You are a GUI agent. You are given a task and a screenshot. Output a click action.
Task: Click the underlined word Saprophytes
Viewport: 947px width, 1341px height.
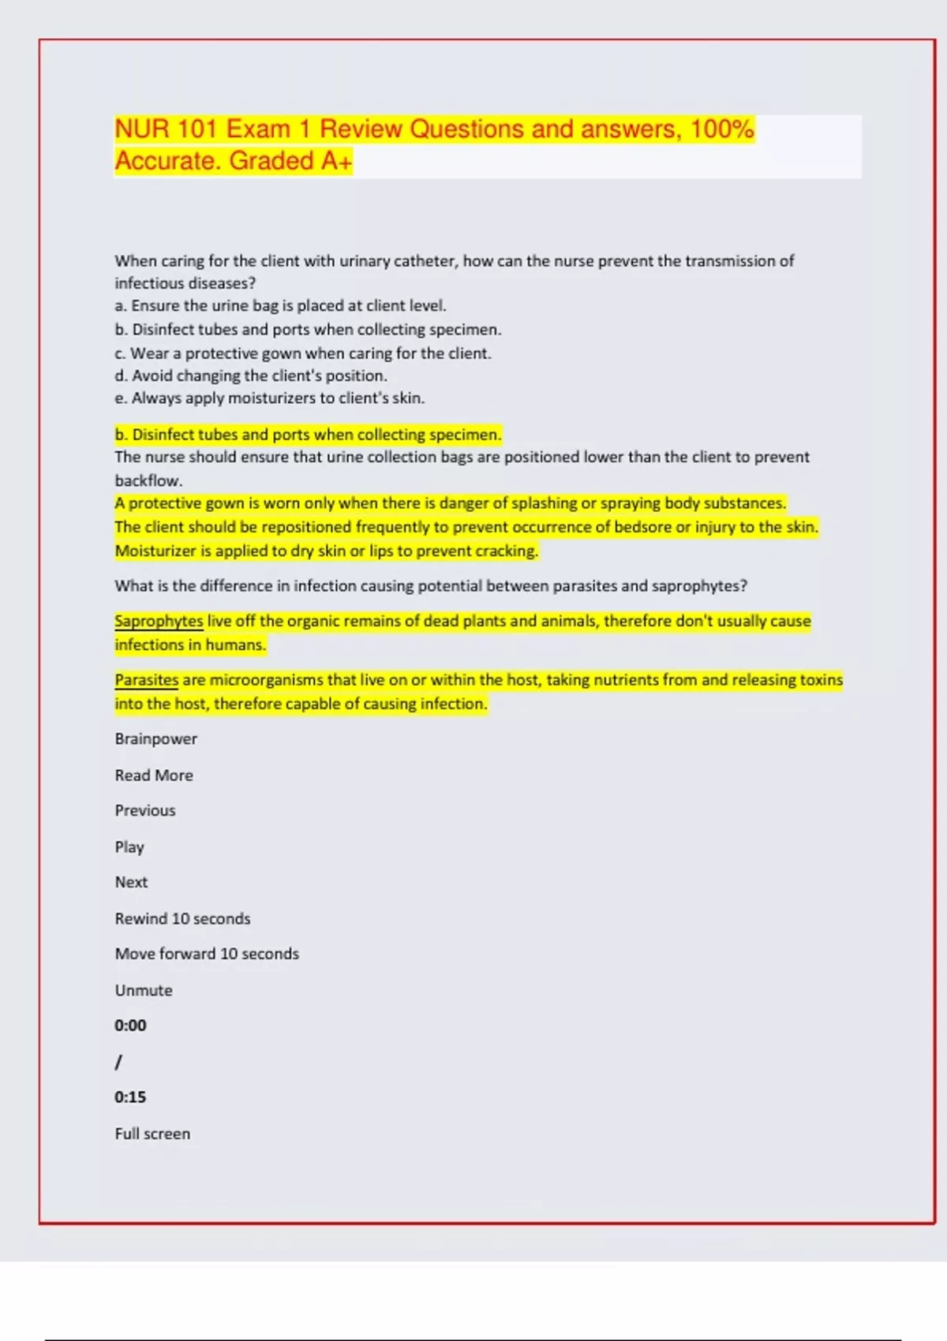pos(159,622)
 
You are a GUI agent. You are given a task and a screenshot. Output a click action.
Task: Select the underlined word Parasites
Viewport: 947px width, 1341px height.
pos(147,680)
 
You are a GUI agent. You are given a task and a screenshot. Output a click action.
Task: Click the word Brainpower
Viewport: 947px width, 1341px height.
pos(155,739)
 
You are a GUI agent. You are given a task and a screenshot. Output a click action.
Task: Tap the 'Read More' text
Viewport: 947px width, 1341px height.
pos(154,775)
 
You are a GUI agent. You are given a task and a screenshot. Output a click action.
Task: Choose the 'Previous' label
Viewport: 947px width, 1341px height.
pos(145,811)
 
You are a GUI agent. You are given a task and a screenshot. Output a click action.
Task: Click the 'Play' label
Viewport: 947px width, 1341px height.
pos(129,847)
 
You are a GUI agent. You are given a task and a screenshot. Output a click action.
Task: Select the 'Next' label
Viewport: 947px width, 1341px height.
pos(131,883)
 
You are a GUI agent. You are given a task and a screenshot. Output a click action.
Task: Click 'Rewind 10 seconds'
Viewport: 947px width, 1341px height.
pos(182,919)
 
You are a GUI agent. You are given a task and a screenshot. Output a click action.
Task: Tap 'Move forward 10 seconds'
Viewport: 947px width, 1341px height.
pos(207,954)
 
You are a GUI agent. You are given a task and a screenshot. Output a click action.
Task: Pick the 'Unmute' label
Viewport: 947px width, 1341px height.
pos(144,991)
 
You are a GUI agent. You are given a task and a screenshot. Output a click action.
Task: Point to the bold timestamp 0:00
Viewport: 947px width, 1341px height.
pos(130,1025)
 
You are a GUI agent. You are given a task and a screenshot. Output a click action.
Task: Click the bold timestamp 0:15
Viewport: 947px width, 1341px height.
pos(130,1097)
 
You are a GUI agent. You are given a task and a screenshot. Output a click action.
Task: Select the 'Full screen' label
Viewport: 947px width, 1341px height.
pos(152,1134)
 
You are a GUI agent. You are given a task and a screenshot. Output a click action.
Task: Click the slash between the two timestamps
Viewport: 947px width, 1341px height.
pos(118,1063)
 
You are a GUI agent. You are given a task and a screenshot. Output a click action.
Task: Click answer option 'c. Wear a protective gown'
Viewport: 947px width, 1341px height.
pos(303,353)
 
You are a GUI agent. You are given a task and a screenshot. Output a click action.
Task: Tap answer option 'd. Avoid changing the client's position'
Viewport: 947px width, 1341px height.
pos(251,376)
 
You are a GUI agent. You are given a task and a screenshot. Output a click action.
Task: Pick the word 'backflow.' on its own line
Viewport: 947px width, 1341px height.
pos(148,480)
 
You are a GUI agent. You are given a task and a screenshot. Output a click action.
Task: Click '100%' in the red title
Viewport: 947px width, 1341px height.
pos(722,129)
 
